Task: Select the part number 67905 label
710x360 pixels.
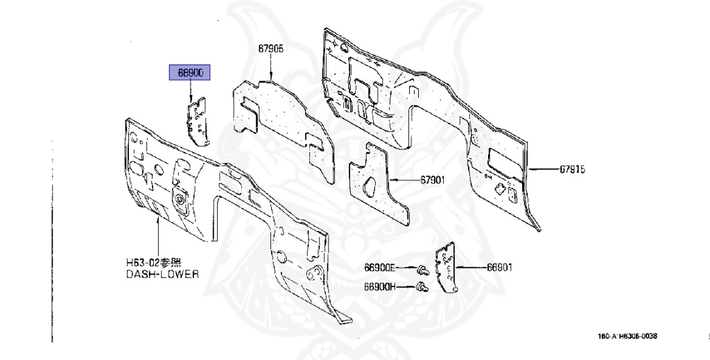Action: click(x=270, y=49)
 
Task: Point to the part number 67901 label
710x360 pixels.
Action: click(x=432, y=180)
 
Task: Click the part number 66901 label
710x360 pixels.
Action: click(x=499, y=267)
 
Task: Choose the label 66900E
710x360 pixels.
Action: click(x=380, y=267)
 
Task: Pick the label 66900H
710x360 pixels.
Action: click(x=380, y=286)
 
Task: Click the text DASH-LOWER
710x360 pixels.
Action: click(x=162, y=275)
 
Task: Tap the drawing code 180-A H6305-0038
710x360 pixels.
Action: click(x=627, y=336)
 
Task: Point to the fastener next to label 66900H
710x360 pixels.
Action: click(x=420, y=286)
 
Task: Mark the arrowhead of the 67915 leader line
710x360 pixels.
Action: click(x=531, y=169)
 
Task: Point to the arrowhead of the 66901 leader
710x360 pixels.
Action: click(x=460, y=267)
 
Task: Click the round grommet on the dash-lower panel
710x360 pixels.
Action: click(x=183, y=200)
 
